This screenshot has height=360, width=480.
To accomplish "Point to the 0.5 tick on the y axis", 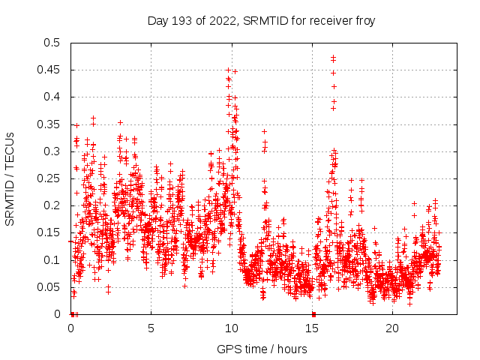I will click(52, 43).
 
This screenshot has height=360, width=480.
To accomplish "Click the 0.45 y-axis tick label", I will click(49, 70).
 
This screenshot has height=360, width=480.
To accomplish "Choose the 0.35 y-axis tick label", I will click(49, 124).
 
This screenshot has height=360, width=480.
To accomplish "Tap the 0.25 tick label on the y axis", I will click(49, 178).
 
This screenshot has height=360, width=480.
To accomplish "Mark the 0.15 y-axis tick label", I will click(49, 232).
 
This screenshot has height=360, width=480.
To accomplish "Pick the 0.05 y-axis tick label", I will click(49, 286).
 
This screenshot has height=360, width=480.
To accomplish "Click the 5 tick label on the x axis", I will click(151, 328).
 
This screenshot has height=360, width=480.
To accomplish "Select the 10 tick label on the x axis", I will click(232, 328).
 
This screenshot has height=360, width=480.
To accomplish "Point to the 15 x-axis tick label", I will click(312, 328).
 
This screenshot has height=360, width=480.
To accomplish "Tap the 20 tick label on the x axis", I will click(393, 328).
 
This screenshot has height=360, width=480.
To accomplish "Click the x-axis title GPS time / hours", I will click(261, 349).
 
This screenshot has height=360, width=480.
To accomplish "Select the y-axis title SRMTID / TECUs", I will click(10, 178).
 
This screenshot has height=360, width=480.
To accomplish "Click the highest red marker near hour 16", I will click(333, 57).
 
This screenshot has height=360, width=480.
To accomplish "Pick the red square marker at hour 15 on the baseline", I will click(313, 313).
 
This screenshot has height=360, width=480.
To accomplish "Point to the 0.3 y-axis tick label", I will click(52, 151).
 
